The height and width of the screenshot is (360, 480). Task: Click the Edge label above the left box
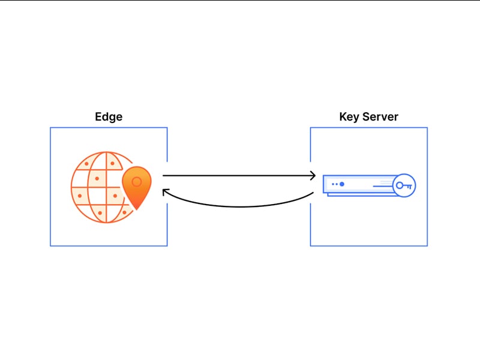(109, 117)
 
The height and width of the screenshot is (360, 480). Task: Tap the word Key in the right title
(349, 117)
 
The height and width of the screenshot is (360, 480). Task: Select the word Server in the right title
(380, 116)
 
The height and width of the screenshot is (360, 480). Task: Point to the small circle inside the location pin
(137, 182)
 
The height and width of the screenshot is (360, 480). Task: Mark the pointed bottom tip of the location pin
(137, 209)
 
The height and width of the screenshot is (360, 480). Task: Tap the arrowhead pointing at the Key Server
(313, 176)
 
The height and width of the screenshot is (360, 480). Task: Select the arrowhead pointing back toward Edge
(166, 192)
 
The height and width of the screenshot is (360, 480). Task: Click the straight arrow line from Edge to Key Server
(239, 176)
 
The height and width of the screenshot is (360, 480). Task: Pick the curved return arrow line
(239, 206)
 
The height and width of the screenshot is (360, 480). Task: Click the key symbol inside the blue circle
(404, 185)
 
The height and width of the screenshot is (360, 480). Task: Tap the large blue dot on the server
(342, 184)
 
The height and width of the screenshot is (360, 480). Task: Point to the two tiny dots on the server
(335, 184)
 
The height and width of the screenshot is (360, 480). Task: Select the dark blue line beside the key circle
(383, 186)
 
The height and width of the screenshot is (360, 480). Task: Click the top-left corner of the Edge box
(50, 128)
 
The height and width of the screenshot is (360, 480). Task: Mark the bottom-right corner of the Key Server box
(427, 246)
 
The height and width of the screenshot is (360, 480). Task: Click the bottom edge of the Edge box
(109, 245)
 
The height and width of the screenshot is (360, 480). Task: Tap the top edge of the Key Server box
(369, 128)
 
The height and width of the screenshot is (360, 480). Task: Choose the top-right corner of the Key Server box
(427, 128)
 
